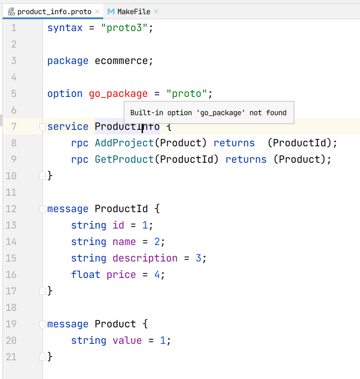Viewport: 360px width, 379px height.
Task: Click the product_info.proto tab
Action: point(54,11)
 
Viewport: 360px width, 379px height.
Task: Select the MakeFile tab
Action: point(133,11)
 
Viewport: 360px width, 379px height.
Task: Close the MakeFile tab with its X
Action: point(156,11)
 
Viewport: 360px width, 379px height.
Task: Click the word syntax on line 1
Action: point(65,28)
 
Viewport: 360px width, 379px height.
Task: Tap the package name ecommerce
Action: point(121,61)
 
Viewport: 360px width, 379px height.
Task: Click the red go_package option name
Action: point(118,94)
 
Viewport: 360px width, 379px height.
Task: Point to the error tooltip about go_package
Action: point(208,113)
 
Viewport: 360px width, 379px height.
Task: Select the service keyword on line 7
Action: point(68,127)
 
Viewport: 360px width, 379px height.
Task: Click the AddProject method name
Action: point(124,143)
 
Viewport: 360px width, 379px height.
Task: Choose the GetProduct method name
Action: point(124,160)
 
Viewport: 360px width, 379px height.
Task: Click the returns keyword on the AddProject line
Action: point(234,143)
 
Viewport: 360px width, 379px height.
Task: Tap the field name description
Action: point(145,258)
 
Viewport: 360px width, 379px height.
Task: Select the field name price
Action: point(121,275)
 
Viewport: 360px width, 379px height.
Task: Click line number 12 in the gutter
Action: point(11,209)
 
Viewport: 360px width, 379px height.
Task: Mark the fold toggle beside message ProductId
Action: point(43,209)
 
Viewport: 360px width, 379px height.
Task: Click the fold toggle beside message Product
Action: point(43,324)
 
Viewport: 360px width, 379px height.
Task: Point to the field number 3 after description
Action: point(198,258)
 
